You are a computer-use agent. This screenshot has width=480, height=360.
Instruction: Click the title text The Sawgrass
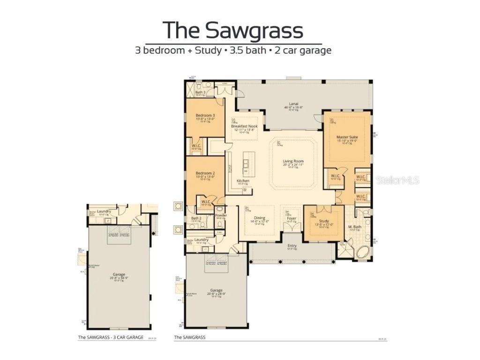[233, 30]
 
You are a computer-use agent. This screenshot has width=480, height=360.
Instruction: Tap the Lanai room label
[294, 104]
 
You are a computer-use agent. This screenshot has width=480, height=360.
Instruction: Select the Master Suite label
[347, 137]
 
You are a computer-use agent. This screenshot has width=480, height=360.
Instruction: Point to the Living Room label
[293, 161]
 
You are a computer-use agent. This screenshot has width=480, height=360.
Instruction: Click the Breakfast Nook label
[244, 126]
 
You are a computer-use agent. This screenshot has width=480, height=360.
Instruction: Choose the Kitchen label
[243, 181]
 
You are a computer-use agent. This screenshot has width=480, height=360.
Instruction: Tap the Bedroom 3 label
[205, 115]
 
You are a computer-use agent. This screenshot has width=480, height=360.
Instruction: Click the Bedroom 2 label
[205, 173]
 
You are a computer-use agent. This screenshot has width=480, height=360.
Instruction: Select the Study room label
[323, 221]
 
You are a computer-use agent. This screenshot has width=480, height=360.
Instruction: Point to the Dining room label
[259, 218]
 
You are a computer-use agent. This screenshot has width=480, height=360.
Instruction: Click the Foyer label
[292, 218]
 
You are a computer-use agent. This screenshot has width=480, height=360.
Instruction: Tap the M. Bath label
[355, 227]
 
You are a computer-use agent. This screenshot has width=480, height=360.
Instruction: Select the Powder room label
[221, 216]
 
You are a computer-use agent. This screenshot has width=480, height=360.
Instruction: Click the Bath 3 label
[201, 92]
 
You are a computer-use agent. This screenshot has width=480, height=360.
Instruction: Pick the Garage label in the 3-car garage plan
[119, 275]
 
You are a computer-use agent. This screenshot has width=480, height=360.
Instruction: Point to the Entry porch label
[292, 246]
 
